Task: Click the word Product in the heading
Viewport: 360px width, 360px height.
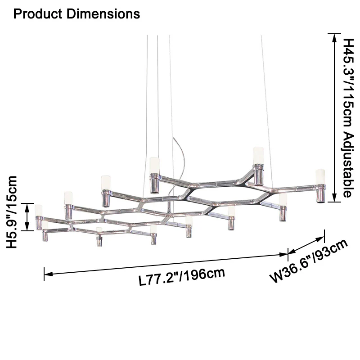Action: [x=38, y=14]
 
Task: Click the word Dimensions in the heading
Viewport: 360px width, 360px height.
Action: [x=103, y=14]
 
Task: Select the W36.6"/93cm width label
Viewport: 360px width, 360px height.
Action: [x=309, y=261]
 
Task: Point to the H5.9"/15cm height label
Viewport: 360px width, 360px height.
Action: [x=12, y=211]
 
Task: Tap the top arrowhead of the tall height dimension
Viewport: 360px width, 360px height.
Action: [x=334, y=38]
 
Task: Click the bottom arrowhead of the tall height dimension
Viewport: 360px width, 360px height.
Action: [x=334, y=198]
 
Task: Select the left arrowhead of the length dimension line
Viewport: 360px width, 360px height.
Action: [x=48, y=274]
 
